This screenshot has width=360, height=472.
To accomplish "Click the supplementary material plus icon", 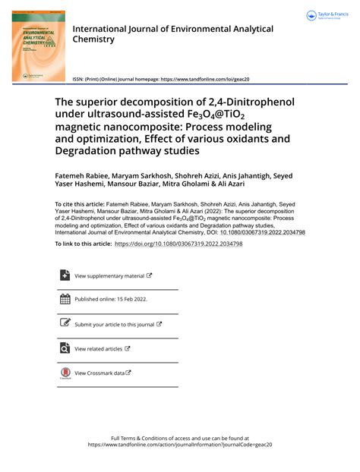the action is pyautogui.click(x=64, y=275).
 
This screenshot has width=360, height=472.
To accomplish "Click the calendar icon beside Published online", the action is pyautogui.click(x=64, y=299).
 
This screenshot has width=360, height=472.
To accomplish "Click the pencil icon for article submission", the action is pyautogui.click(x=64, y=323).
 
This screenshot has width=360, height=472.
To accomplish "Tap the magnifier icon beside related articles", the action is pyautogui.click(x=64, y=348).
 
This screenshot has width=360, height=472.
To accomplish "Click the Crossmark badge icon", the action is pyautogui.click(x=64, y=373).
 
